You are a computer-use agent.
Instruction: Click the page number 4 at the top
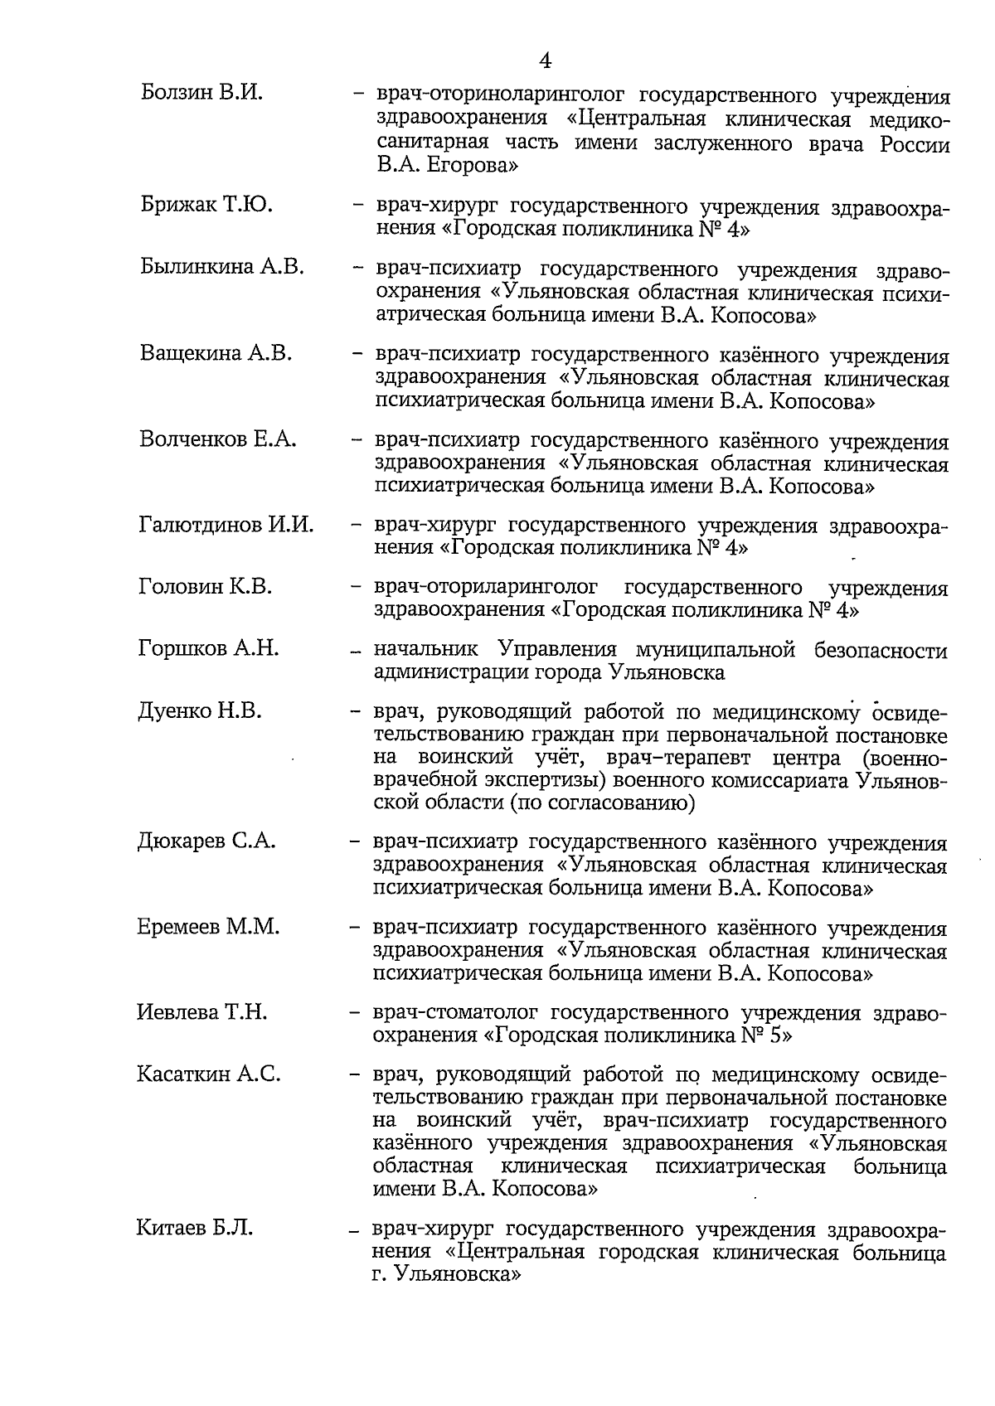pos(544,61)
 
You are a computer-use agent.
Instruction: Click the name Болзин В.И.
pos(201,92)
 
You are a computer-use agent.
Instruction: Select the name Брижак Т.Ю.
pos(206,204)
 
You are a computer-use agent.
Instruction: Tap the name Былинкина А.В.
pos(222,267)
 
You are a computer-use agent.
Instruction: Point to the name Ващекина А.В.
pos(216,353)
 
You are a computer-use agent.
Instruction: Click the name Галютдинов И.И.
pos(226,525)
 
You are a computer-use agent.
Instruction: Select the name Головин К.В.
pos(205,587)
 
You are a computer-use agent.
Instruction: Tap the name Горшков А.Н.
pos(208,648)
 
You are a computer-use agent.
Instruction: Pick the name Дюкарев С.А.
pos(206,841)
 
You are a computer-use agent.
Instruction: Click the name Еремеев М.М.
pos(208,927)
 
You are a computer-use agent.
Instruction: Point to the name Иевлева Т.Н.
pos(201,1012)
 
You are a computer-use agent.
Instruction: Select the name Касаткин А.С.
pos(209,1074)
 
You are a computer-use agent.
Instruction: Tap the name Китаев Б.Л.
pos(194,1228)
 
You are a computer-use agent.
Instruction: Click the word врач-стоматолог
pos(455,1013)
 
